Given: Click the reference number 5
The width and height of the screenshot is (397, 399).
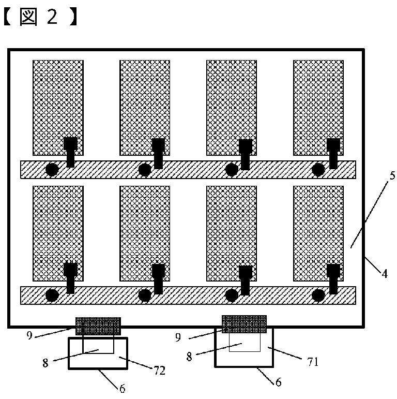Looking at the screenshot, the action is pos(392,175).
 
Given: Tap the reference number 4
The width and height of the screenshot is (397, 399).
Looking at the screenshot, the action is pos(384,274).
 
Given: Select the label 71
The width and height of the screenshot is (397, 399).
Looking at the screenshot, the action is pos(313,362).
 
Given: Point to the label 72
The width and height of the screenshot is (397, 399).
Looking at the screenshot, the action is pos(160,371).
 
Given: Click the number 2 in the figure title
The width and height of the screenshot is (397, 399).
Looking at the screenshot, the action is pos(52,17).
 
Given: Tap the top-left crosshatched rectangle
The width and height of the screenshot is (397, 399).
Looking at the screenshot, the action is pos(58,108).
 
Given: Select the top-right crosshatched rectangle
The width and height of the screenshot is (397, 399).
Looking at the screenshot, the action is pos(318,108).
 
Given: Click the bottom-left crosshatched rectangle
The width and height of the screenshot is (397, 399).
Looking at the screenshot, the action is pos(58,233).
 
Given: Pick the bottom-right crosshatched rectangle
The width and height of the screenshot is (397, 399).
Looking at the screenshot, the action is pos(318,233).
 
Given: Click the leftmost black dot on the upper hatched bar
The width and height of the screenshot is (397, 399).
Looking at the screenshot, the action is pos(52,170).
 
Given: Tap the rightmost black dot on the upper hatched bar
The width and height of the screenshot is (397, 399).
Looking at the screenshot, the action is pos(318,170).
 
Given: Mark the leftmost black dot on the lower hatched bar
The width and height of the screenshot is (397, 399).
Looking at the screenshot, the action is pos(52,295).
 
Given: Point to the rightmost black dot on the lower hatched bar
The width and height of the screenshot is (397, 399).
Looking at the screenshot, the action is pos(318,295).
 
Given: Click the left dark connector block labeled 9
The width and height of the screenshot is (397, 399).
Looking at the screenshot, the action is pos(98,326).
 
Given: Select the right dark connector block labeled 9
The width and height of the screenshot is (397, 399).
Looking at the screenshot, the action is pos(245,324).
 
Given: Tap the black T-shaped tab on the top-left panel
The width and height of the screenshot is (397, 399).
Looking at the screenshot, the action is pos(70,152).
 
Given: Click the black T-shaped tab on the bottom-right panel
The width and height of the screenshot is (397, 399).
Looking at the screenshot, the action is pos(333,279).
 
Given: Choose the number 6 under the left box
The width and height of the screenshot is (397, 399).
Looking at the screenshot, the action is pos(123,388).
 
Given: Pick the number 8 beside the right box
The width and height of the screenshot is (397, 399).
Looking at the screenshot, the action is pos(189,357).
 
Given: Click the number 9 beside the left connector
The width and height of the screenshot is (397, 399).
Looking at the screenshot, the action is pos(29,335).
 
